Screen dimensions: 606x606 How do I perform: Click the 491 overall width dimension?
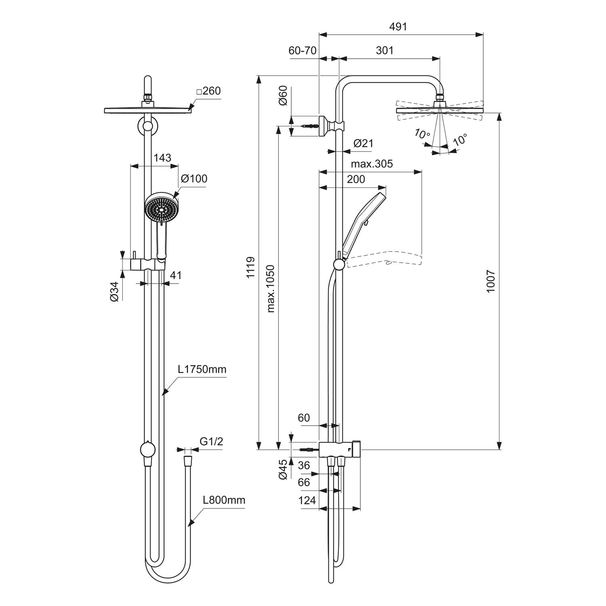tap(398, 27)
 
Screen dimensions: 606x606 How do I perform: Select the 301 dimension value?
tap(385, 50)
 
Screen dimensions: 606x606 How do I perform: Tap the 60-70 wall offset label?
tap(302, 50)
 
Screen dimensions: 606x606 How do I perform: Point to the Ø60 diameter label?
tap(283, 96)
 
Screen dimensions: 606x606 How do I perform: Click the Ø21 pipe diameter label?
tap(363, 143)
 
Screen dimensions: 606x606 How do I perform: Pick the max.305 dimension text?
tap(372, 164)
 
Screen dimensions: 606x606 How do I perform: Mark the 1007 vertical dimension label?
tap(490, 282)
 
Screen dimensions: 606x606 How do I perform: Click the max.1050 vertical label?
tap(271, 288)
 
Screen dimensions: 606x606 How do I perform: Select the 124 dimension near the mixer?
tap(307, 501)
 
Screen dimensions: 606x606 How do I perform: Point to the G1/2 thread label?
tap(211, 442)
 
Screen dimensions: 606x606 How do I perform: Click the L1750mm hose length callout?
tap(202, 369)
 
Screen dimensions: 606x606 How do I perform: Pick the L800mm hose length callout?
tap(224, 500)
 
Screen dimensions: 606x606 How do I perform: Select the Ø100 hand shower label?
tap(194, 179)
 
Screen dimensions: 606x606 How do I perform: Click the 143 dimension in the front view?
tap(162, 158)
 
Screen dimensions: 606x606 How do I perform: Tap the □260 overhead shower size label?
tap(208, 91)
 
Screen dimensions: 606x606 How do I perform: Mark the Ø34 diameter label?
tap(114, 291)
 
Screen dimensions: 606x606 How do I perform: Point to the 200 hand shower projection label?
tap(356, 179)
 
